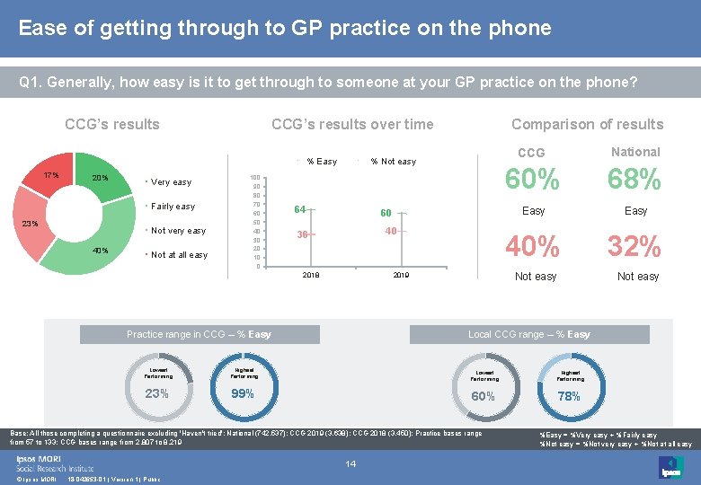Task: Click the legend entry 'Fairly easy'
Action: point(173,207)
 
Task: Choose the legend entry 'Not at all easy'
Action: point(179,255)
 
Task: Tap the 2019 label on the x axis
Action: point(402,275)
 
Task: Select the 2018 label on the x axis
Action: point(310,275)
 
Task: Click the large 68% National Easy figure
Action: point(634,180)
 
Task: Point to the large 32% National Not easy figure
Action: point(634,245)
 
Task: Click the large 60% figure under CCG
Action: point(533,180)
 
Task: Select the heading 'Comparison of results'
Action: point(587,125)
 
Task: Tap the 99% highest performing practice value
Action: point(242,393)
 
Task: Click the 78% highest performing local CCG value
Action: point(570,395)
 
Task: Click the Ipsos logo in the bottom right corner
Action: point(670,467)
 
